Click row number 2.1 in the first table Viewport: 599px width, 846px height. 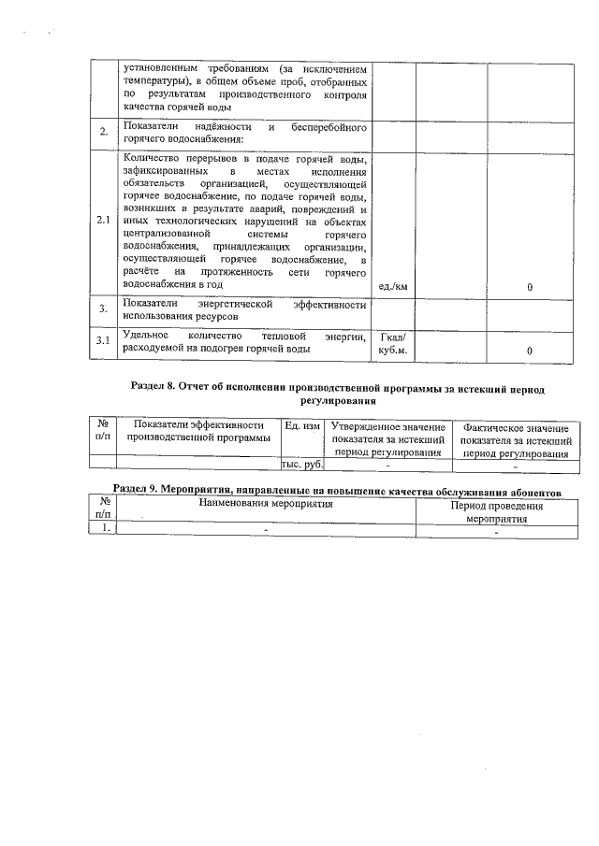[103, 221]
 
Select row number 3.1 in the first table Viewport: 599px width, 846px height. [103, 341]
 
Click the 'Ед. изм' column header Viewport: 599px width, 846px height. [300, 426]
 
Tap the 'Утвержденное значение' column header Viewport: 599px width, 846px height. [387, 439]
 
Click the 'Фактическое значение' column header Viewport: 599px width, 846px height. [515, 439]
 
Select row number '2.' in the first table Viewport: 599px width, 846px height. [103, 133]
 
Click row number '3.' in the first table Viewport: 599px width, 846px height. [103, 310]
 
